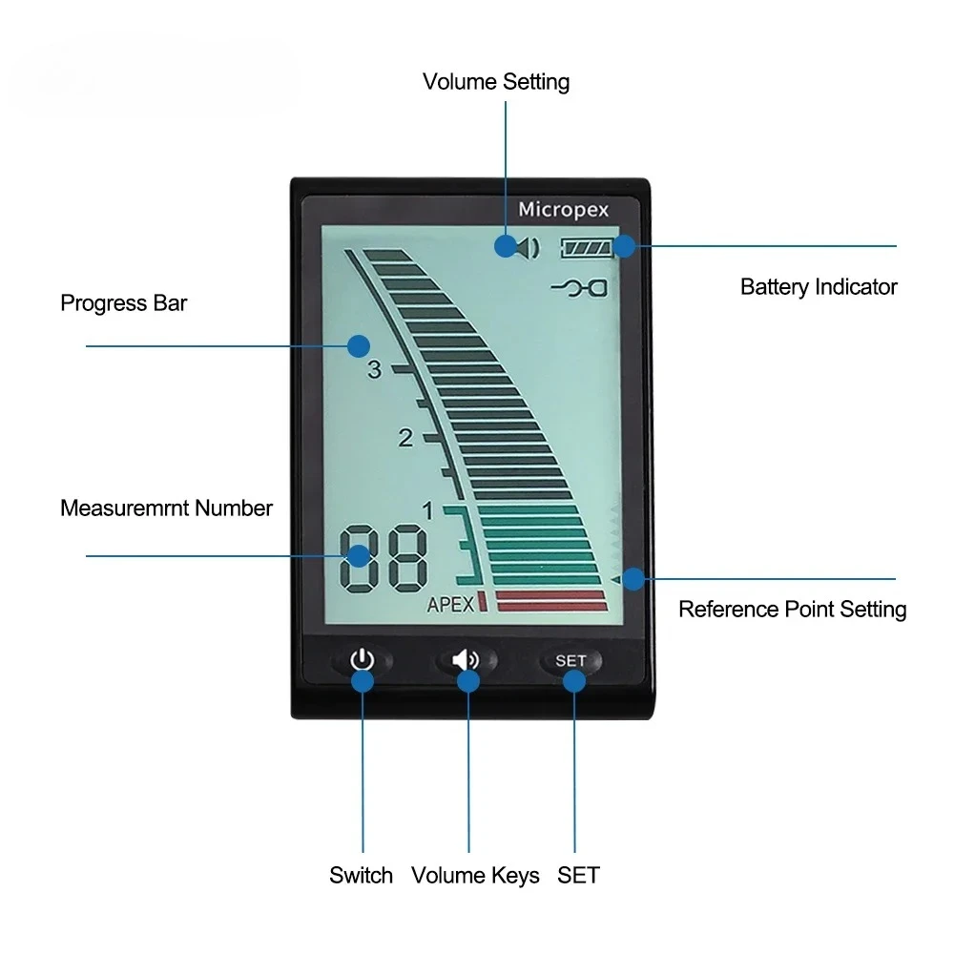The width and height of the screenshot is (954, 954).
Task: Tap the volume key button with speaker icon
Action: (467, 659)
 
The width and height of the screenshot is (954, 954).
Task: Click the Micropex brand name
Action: (563, 209)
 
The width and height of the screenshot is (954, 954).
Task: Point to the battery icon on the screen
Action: (588, 248)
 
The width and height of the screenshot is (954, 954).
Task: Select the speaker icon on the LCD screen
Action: (528, 247)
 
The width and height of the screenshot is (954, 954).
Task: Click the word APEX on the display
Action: (450, 604)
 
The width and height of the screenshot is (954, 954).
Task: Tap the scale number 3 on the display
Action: (374, 370)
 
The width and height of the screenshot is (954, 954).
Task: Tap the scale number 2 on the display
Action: (405, 439)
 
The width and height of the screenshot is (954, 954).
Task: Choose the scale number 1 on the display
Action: (427, 512)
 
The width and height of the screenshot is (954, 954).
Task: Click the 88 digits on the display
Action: (383, 557)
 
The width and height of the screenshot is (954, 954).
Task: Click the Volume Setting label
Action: (496, 82)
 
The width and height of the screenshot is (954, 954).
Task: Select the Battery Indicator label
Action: (819, 286)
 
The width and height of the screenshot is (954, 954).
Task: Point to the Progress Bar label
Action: (124, 303)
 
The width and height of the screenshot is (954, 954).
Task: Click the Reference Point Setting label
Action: (792, 609)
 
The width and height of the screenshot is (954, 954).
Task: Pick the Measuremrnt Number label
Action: (166, 508)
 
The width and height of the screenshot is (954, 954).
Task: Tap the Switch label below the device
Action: (361, 875)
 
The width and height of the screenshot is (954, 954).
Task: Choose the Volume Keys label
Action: (475, 875)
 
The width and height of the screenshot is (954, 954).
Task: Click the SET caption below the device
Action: (578, 875)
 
